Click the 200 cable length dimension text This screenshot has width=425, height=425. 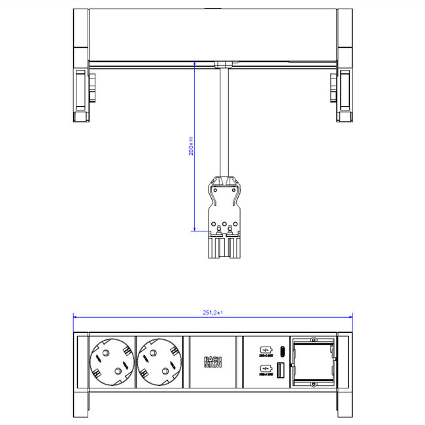point(190,146)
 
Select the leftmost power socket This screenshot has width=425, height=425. point(110,360)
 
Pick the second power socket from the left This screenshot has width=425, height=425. point(160,360)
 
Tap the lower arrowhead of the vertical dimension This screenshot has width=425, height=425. point(195,228)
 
